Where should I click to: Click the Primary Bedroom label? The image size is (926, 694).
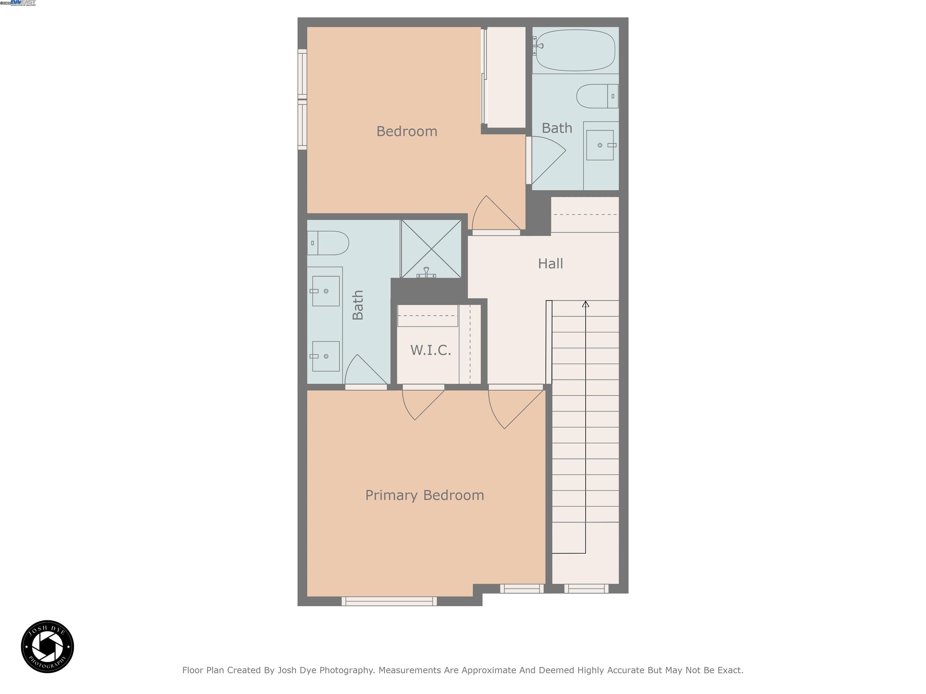[424, 495]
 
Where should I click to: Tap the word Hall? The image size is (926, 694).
[550, 264]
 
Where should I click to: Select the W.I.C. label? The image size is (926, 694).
[430, 350]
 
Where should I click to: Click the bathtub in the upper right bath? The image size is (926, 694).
[576, 50]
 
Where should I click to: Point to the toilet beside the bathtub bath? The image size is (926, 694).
[596, 96]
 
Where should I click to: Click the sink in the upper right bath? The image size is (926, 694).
[600, 145]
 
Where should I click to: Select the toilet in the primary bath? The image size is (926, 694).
[328, 243]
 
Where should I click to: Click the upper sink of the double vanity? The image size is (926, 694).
[326, 291]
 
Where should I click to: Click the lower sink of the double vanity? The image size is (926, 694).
[326, 356]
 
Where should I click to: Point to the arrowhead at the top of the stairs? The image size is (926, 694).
[585, 304]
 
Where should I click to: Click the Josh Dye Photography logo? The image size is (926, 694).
[47, 646]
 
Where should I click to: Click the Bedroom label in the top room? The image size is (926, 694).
[407, 131]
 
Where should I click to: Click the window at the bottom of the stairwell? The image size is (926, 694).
[586, 589]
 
